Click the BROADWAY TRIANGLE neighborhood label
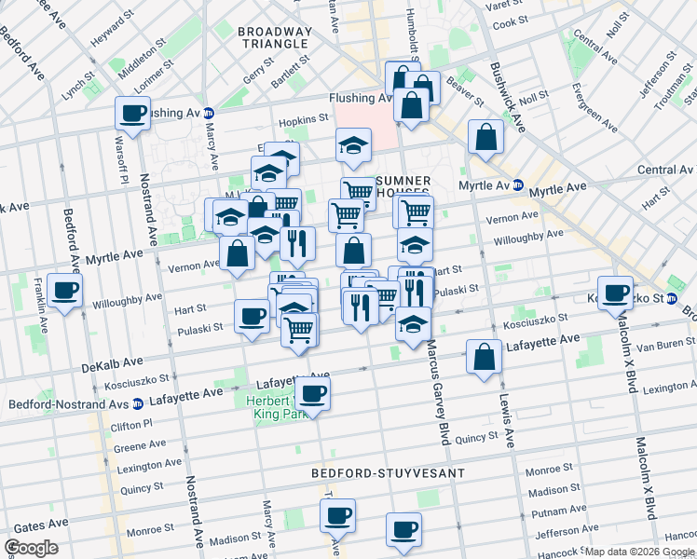tap(273, 37)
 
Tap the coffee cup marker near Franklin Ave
tap(65, 292)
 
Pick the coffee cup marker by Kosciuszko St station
tap(615, 293)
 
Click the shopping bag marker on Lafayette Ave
tap(485, 358)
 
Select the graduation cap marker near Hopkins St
tap(353, 145)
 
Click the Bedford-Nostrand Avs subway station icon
tap(137, 404)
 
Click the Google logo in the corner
tap(31, 548)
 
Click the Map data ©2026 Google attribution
tap(639, 552)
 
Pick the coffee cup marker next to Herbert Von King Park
tap(314, 392)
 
